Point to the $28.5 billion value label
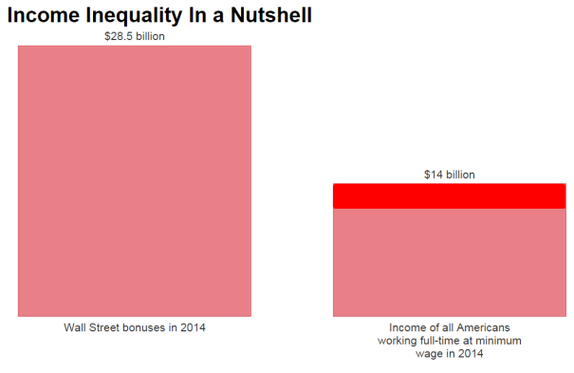coord(134,37)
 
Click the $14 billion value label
coord(449,175)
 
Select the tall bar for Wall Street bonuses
coord(134,180)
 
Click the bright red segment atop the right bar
coord(449,196)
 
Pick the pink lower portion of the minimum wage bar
coord(449,262)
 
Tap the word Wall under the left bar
coord(75,328)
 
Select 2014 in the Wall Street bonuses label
coord(193,328)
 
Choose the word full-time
coord(442,341)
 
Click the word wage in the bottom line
coord(429,354)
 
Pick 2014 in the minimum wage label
coord(471,354)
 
